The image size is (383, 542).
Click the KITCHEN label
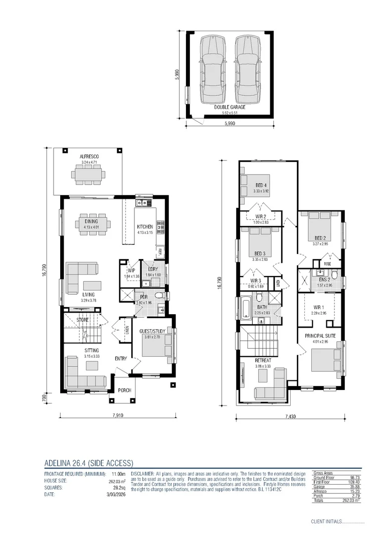[145, 227]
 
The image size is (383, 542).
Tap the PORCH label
[124, 390]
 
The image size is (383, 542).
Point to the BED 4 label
[262, 185]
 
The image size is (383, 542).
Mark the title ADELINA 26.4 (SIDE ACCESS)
[88, 463]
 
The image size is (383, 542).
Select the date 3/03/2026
[115, 494]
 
